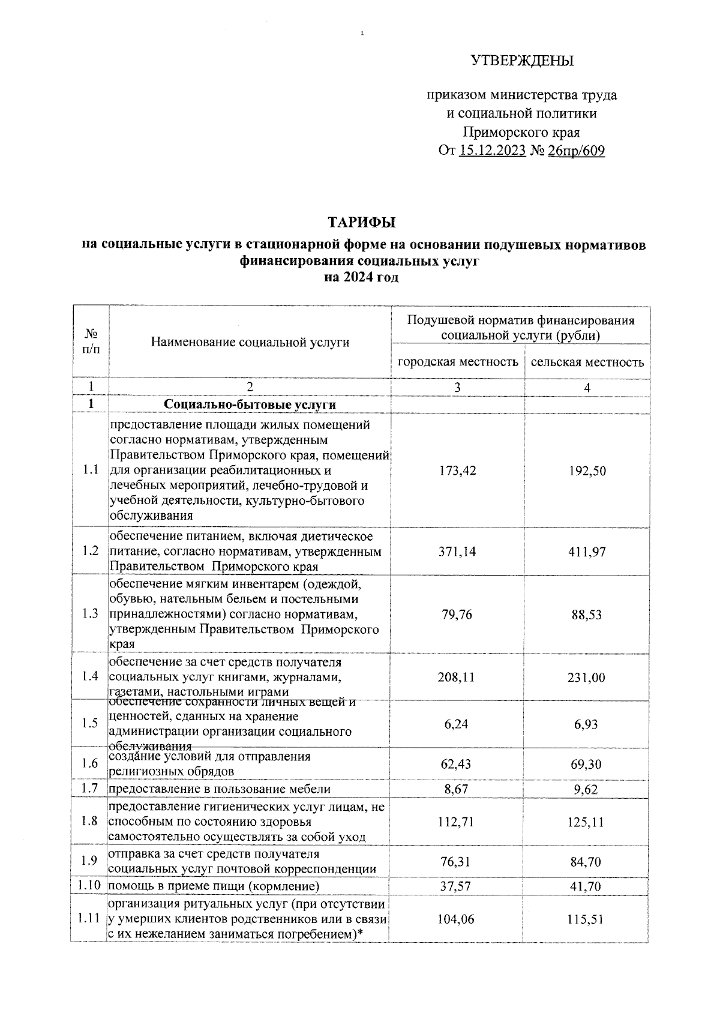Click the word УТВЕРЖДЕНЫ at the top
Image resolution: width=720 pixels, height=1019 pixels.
[x=521, y=61]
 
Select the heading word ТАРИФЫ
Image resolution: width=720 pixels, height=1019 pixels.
[x=361, y=223]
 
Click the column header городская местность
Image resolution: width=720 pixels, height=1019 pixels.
[x=458, y=362]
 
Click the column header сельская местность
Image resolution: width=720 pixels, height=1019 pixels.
[x=587, y=362]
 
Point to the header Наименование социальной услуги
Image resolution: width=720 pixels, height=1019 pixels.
[x=250, y=342]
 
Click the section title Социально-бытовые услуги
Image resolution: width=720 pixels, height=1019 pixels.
[x=250, y=404]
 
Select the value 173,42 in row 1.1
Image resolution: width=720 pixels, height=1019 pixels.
[x=458, y=470]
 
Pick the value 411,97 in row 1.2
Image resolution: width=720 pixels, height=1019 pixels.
[x=587, y=551]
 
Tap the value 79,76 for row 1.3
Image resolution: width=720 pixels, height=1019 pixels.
[x=457, y=615]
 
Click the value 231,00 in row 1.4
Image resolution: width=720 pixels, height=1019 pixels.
[x=587, y=678]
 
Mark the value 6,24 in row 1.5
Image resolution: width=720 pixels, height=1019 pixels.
[x=457, y=724]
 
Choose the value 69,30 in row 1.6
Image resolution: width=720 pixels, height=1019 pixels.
[x=587, y=764]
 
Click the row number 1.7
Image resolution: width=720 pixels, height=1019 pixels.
[x=91, y=789]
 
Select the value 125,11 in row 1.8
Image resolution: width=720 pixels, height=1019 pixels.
[x=587, y=822]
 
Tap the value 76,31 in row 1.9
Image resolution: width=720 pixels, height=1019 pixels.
[x=457, y=862]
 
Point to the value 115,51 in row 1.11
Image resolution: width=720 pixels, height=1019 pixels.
[x=587, y=919]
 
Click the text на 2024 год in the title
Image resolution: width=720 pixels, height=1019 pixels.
[x=361, y=277]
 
